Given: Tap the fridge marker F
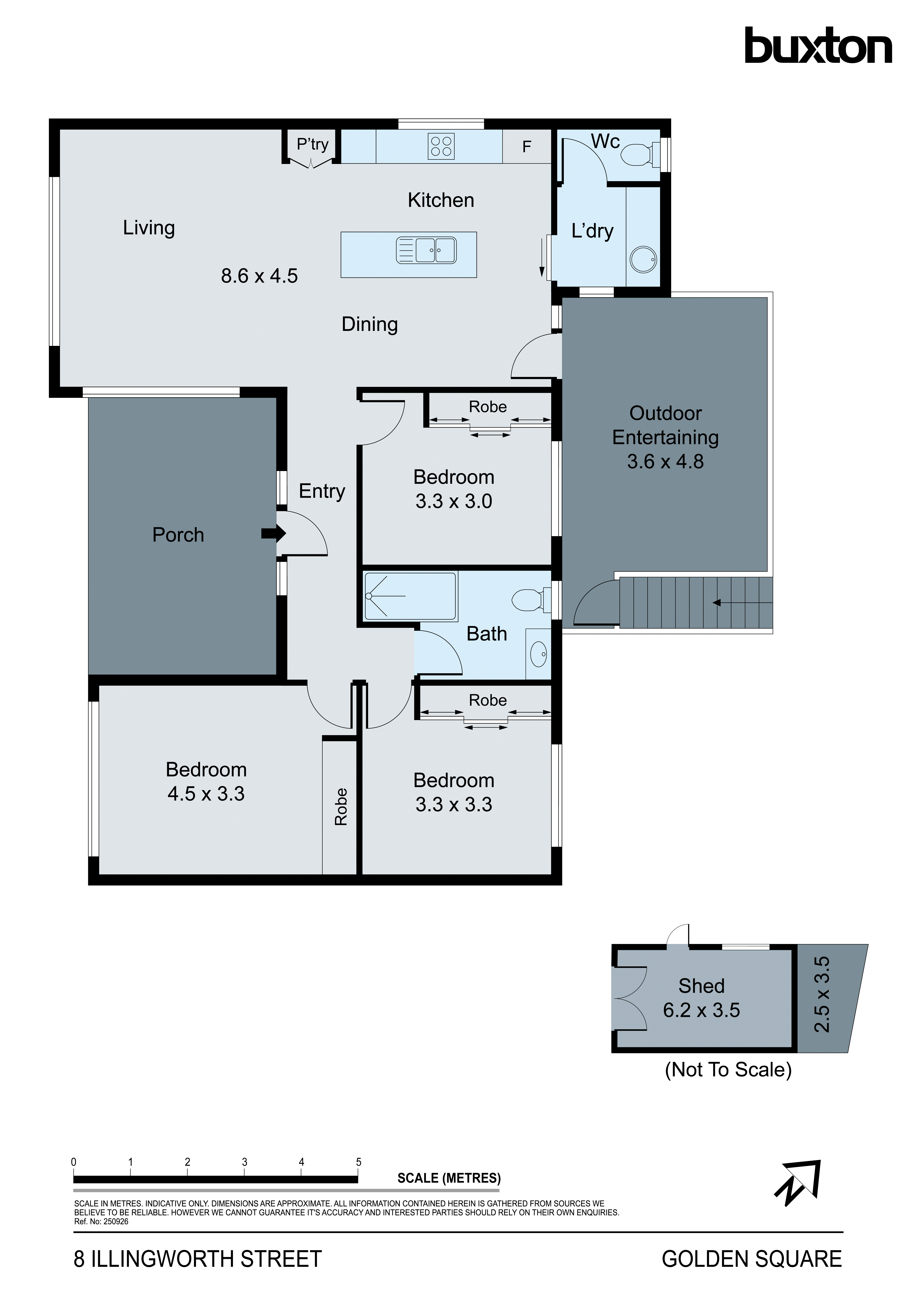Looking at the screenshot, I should click(527, 147).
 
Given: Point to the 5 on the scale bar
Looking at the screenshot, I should click(358, 1162).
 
